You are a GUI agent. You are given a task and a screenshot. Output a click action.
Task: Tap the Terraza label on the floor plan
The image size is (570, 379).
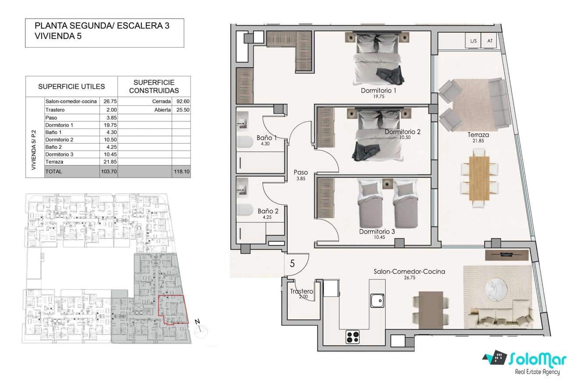477,135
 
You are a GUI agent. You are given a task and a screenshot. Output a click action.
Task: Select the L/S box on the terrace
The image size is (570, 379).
473,41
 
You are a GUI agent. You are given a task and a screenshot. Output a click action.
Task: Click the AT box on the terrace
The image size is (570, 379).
489,41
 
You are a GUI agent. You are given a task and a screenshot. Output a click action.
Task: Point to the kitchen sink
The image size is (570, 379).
377,301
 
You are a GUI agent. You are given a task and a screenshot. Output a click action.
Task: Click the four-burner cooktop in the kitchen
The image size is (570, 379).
353,336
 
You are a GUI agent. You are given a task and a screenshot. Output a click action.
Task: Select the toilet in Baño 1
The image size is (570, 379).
244,142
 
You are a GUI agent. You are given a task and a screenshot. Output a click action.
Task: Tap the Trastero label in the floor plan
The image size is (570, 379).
302,291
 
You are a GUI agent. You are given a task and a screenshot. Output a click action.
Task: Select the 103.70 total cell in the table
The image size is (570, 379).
108,172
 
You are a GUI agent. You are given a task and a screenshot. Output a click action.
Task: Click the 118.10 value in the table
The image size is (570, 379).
182,172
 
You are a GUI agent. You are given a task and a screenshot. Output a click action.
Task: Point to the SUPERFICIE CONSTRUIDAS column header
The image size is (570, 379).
154,86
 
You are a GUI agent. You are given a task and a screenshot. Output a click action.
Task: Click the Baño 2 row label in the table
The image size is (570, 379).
54,147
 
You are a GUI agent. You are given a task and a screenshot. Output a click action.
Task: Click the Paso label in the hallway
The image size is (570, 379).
301,173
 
